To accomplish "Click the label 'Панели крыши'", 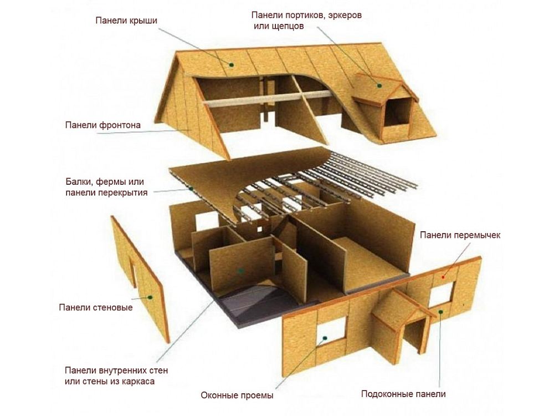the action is click(x=126, y=21).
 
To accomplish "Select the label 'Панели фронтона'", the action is click(x=103, y=125).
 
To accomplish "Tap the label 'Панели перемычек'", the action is click(x=460, y=235).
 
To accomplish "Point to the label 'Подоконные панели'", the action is click(x=403, y=394).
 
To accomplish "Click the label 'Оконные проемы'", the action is click(x=237, y=395).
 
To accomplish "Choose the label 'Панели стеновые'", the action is click(x=96, y=307).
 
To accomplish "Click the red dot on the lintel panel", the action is click(x=443, y=277).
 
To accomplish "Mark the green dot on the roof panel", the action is click(x=232, y=65).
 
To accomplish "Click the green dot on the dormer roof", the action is click(x=379, y=85).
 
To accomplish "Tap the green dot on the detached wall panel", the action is click(x=150, y=297).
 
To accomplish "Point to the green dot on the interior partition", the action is click(x=241, y=271).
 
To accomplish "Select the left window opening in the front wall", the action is click(x=331, y=332).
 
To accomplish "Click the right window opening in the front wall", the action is click(x=441, y=295).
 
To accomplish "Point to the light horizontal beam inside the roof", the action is click(x=268, y=98).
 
